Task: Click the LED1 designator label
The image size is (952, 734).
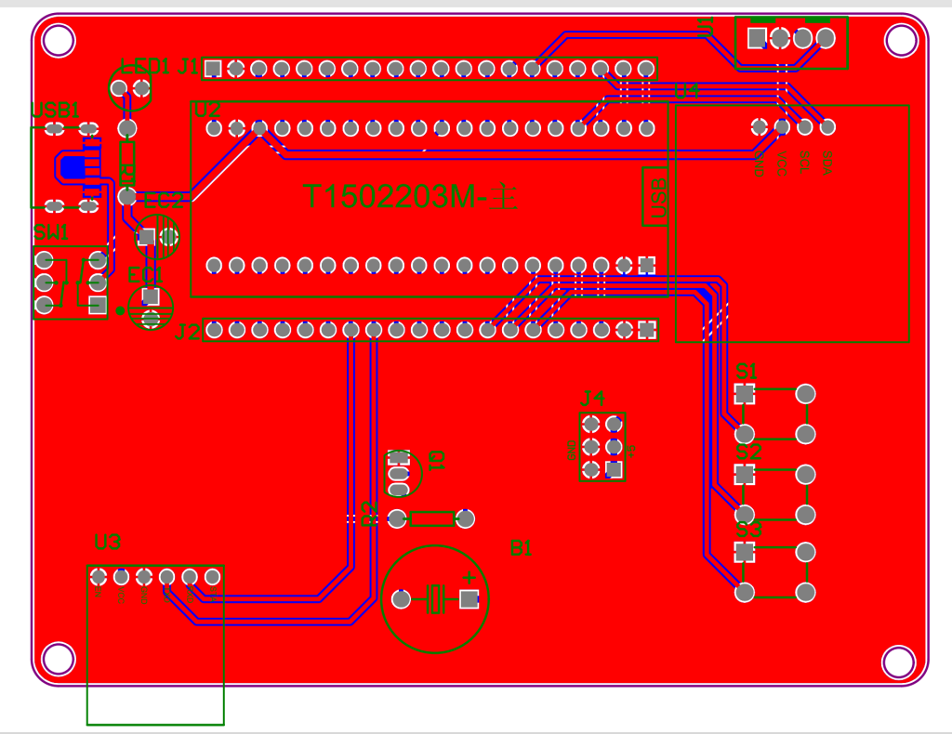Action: [x=146, y=67]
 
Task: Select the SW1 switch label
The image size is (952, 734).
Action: [x=51, y=232]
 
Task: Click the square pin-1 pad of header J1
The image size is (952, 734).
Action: [x=213, y=68]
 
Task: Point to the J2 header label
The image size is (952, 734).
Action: [x=188, y=331]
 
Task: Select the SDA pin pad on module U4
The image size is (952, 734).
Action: [x=827, y=126]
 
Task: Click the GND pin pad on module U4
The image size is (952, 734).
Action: [x=760, y=126]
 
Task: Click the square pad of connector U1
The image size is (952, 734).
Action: [x=758, y=38]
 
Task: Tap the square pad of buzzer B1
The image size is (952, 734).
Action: [x=469, y=599]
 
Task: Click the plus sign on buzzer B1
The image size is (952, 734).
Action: [x=469, y=578]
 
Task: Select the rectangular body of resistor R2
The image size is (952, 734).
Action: [x=433, y=518]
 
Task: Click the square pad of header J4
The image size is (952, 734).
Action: [x=614, y=468]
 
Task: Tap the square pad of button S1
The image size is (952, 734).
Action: [x=745, y=394]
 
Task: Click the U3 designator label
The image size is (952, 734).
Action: [x=108, y=543]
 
